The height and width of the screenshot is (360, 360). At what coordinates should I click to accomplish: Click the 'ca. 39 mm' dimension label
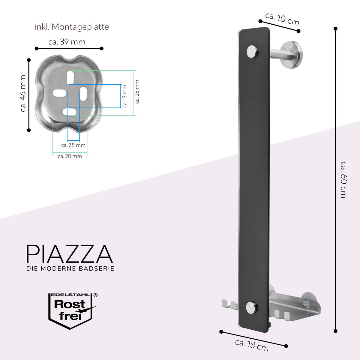pyautogui.click(x=67, y=42)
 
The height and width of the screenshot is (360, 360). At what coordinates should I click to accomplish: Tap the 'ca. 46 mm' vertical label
pyautogui.click(x=23, y=93)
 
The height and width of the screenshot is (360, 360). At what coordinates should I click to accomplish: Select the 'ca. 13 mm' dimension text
pyautogui.click(x=125, y=96)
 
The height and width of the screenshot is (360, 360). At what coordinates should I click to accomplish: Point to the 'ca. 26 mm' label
pyautogui.click(x=137, y=92)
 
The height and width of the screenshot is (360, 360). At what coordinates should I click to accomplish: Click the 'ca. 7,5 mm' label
pyautogui.click(x=73, y=145)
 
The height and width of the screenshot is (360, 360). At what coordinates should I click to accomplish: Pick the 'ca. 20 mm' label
pyautogui.click(x=70, y=156)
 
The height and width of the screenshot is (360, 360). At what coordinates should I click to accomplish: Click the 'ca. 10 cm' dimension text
pyautogui.click(x=282, y=19)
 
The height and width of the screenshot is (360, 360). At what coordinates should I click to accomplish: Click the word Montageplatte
pyautogui.click(x=80, y=27)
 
